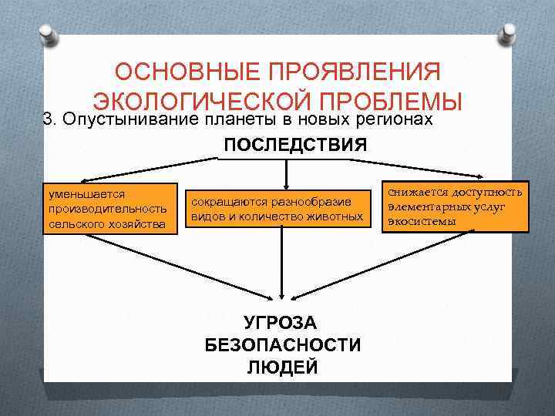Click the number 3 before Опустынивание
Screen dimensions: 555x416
click(48, 119)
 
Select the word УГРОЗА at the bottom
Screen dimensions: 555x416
click(282, 322)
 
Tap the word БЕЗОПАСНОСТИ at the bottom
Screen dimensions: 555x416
click(282, 344)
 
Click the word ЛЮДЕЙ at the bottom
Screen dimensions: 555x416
click(282, 367)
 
